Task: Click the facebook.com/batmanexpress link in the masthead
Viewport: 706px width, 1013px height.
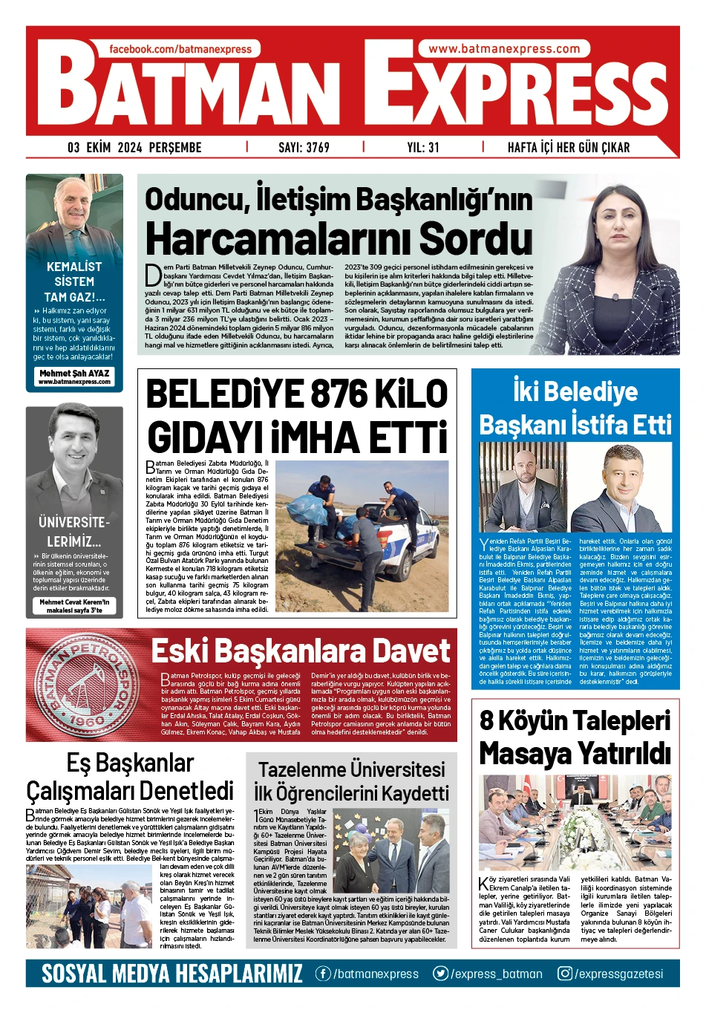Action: point(180,49)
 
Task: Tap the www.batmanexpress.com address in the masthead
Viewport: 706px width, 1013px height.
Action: point(504,49)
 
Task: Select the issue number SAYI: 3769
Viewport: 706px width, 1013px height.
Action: point(304,147)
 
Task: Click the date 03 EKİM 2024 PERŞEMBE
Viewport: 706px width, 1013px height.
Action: point(134,147)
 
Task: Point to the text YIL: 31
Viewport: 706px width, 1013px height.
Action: point(422,147)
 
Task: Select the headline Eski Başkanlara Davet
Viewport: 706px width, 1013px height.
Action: point(301,651)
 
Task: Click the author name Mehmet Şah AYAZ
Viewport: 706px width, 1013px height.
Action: point(74,374)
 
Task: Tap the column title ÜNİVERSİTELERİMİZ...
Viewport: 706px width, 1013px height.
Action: point(74,531)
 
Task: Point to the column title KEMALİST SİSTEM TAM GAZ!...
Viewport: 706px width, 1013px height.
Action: point(74,281)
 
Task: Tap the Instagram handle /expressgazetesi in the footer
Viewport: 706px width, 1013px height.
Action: point(610,974)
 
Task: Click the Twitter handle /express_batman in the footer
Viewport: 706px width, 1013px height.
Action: point(488,974)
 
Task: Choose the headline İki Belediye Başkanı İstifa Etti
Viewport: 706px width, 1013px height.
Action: point(575,408)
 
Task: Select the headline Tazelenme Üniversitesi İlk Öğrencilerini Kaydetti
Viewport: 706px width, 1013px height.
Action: point(352,781)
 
